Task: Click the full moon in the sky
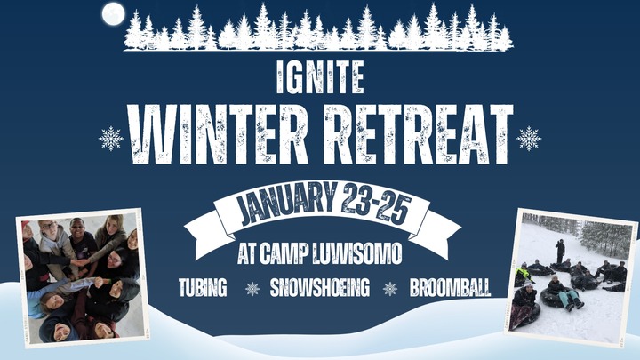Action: (x=113, y=13)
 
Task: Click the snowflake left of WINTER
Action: (x=111, y=139)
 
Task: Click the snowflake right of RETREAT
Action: (x=529, y=139)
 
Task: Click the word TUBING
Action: (x=203, y=289)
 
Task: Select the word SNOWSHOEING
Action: (x=320, y=289)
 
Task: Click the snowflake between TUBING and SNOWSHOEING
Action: (x=252, y=289)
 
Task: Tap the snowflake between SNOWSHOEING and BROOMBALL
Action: (x=389, y=289)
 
